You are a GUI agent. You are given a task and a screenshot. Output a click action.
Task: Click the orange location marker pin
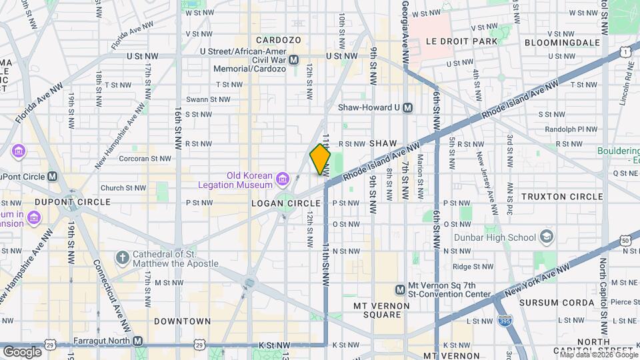[320, 159]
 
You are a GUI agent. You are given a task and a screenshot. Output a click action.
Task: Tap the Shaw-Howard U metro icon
[407, 107]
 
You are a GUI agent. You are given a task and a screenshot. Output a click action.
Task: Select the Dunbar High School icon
[547, 237]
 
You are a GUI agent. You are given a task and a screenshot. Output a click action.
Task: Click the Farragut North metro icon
[137, 341]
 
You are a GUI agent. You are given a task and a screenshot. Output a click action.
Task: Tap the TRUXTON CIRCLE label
[561, 197]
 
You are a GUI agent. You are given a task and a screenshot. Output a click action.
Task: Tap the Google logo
[22, 351]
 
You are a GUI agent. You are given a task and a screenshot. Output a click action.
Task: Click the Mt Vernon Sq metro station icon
[399, 289]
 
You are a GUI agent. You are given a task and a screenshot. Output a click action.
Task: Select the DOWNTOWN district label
[182, 321]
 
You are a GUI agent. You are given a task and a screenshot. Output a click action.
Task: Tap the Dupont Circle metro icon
[52, 177]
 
